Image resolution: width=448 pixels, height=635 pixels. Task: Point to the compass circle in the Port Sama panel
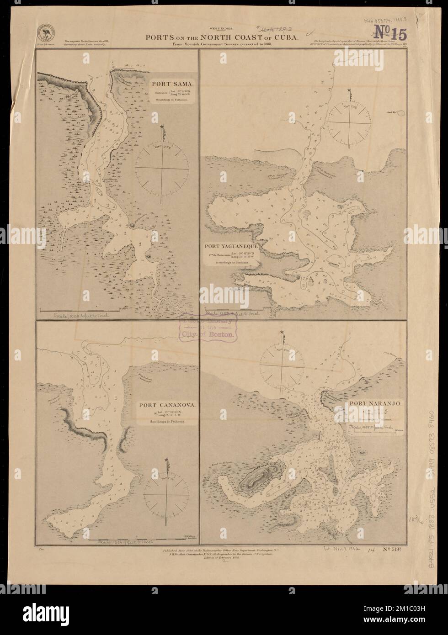163,169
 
